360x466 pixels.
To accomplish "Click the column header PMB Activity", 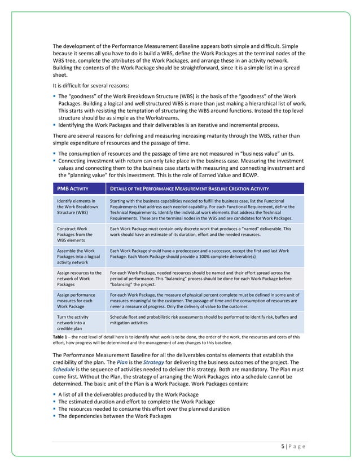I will [x=72, y=188].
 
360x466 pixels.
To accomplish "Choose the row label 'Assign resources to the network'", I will [x=77, y=279].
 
